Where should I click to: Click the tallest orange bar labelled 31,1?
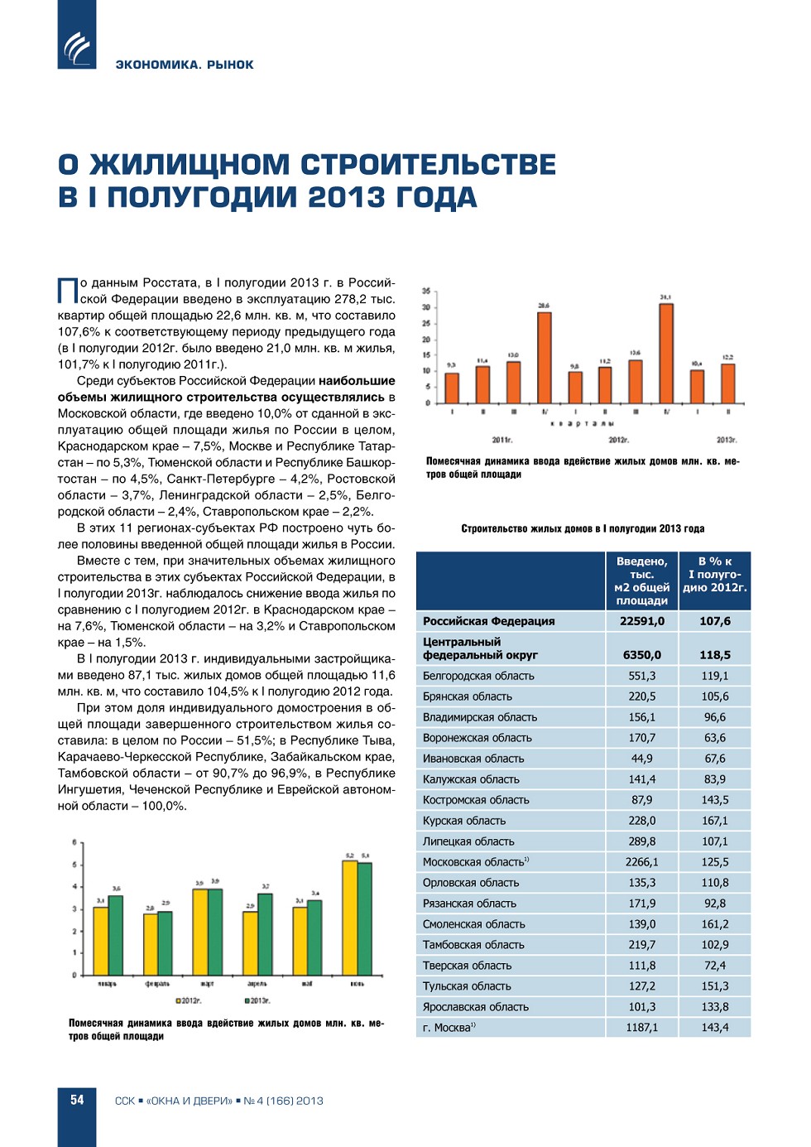[x=666, y=353]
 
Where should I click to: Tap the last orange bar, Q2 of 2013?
[x=728, y=383]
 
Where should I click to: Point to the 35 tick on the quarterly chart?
[x=426, y=291]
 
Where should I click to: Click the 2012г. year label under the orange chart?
[x=618, y=440]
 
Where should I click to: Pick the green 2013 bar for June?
[x=365, y=918]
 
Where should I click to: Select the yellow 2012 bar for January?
[x=100, y=941]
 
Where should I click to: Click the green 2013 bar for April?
[x=265, y=933]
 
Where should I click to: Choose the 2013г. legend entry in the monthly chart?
[x=257, y=1001]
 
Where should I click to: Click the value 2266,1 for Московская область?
[x=642, y=862]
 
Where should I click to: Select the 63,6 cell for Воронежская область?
[x=715, y=738]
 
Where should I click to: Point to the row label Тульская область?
[x=467, y=986]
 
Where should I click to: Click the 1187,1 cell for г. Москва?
[x=642, y=1028]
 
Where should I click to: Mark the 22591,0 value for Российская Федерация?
[x=642, y=621]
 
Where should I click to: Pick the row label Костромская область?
[x=476, y=800]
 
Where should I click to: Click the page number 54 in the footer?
[x=77, y=1100]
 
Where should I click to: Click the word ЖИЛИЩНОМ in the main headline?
[x=190, y=165]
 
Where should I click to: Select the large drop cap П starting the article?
[x=67, y=292]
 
